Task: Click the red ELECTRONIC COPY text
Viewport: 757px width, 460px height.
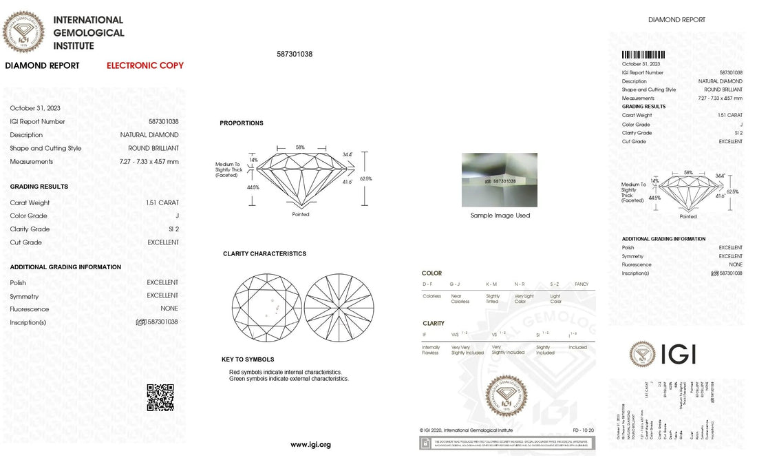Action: tap(145, 66)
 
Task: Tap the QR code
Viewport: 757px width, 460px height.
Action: tap(160, 397)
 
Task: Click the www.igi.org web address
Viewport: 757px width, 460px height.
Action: tap(310, 445)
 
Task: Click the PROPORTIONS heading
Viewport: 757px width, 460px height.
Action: tap(241, 123)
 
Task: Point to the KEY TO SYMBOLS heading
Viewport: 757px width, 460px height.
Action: tap(248, 359)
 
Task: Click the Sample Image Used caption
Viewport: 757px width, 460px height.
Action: tap(500, 216)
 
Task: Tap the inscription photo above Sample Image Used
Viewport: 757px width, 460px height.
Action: tap(500, 180)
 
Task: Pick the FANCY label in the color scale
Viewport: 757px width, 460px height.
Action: tap(582, 284)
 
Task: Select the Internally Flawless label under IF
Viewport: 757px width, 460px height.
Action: tap(431, 350)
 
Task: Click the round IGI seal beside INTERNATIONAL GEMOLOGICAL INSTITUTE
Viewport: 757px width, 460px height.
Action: tap(24, 32)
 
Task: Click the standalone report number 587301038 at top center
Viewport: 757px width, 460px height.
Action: tap(295, 54)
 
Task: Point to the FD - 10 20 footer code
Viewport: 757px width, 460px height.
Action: tap(582, 430)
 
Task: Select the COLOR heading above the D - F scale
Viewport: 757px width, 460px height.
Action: tap(431, 273)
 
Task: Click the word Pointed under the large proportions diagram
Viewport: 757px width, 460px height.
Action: tap(301, 214)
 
